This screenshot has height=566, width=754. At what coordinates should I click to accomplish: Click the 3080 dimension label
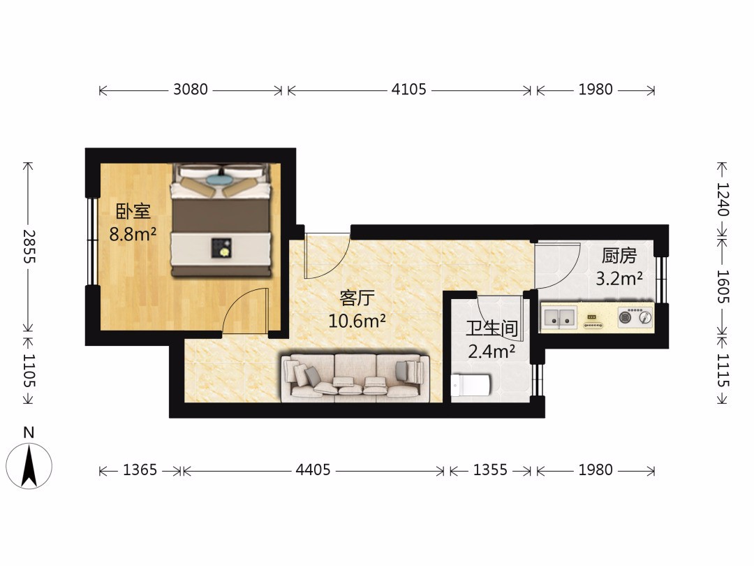tap(191, 89)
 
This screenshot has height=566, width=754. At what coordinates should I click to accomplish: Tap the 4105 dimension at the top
tap(408, 89)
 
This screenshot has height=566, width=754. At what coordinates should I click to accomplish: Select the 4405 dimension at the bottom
tap(313, 470)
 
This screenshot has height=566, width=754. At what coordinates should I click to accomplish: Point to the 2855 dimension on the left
tap(29, 246)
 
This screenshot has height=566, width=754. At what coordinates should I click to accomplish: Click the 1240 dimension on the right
tap(723, 199)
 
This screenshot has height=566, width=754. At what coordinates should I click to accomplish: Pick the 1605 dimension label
tap(723, 286)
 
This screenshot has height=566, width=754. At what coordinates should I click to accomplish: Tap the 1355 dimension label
tap(490, 470)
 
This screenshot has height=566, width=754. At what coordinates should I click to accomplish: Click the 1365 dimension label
tap(140, 470)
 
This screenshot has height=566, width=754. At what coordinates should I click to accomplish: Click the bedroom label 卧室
tap(133, 212)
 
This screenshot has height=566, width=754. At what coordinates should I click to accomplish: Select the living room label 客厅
tap(357, 298)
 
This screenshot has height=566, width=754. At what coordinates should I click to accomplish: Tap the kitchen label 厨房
tap(619, 256)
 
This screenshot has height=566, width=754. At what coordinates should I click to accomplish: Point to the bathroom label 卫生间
tap(491, 328)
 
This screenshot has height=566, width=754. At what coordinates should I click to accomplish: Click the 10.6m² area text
tap(357, 321)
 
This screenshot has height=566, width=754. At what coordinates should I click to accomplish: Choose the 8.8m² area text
tap(133, 234)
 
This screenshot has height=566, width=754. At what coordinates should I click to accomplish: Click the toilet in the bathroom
tap(471, 385)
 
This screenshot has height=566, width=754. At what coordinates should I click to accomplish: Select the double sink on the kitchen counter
tap(559, 318)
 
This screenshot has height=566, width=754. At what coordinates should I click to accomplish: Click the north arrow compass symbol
tap(29, 465)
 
